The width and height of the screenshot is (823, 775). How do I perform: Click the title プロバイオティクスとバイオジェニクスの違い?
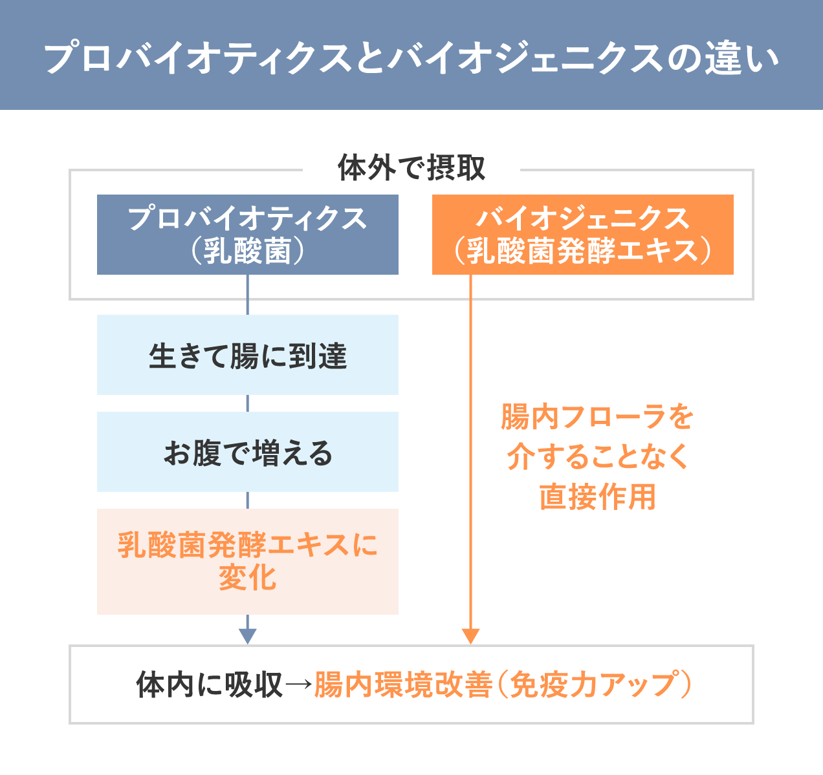click(411, 58)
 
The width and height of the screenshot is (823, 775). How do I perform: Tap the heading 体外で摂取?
click(411, 169)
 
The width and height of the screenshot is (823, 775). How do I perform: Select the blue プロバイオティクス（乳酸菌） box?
click(247, 234)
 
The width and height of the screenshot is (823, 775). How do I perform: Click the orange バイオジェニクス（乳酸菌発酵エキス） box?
click(582, 234)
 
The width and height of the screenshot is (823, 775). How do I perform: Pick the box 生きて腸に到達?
click(247, 355)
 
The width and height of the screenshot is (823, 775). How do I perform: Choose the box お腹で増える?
click(247, 452)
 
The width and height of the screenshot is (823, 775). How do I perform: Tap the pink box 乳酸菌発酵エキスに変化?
click(247, 561)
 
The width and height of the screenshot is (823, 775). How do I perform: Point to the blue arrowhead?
click(248, 636)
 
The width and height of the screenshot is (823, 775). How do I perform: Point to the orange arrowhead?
click(471, 636)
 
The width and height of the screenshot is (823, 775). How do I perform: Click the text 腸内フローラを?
click(597, 417)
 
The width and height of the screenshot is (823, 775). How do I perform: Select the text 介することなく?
click(597, 457)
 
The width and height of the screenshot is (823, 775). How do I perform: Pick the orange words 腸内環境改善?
click(402, 685)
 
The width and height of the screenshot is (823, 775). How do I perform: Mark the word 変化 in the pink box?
click(247, 577)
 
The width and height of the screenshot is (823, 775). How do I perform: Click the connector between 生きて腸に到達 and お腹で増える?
click(248, 403)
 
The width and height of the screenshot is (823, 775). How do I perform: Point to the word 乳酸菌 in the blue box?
click(247, 251)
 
